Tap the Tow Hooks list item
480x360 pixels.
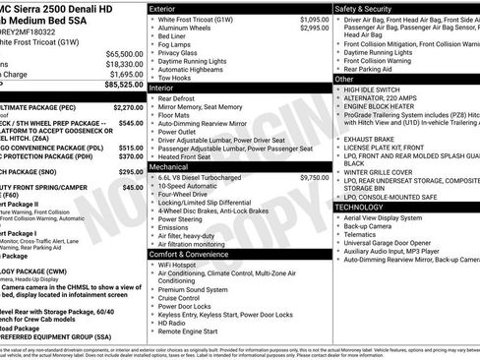pyautogui.click(x=177, y=78)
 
